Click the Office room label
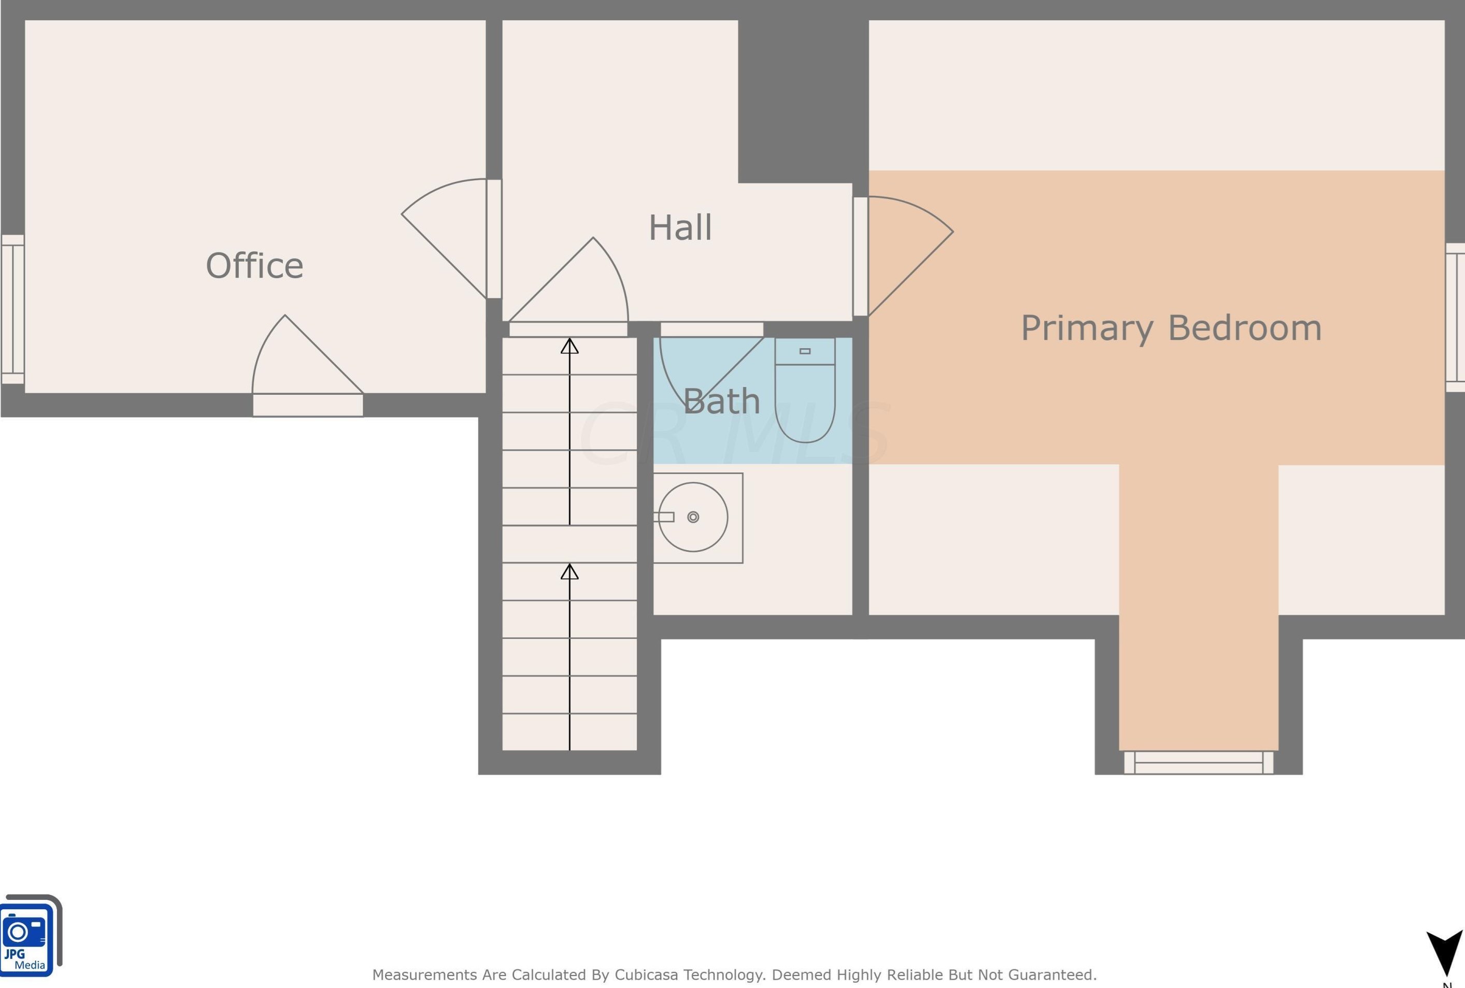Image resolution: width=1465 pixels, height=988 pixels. (254, 265)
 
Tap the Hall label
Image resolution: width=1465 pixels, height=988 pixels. (680, 227)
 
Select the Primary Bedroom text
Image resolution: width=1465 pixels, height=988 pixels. (1171, 328)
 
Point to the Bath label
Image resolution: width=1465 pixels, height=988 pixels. (721, 401)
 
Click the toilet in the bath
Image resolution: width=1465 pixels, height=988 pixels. (805, 390)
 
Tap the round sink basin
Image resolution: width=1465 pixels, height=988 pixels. (693, 517)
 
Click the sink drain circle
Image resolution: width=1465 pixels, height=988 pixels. (693, 517)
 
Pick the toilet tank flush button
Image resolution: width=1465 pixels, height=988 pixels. (805, 351)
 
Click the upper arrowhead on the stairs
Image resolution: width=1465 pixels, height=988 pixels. (570, 346)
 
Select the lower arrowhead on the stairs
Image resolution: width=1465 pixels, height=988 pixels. (570, 571)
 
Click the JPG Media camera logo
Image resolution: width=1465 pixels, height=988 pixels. (30, 935)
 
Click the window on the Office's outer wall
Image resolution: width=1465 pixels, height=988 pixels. (12, 309)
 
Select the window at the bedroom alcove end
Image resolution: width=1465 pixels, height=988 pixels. (1199, 763)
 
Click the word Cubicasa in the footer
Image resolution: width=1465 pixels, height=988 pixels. (647, 975)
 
